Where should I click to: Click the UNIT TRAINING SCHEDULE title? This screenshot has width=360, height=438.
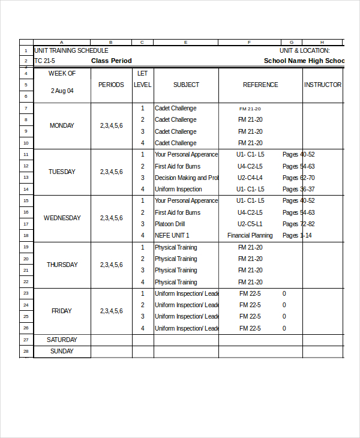tap(71, 51)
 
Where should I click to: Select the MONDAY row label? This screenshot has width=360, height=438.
tap(62, 126)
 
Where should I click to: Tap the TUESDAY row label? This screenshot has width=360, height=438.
tap(62, 172)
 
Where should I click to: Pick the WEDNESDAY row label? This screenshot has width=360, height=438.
tap(62, 218)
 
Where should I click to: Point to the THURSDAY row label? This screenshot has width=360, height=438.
tap(62, 265)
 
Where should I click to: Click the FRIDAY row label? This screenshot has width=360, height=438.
tap(62, 311)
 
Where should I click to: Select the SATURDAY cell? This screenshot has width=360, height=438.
tap(62, 340)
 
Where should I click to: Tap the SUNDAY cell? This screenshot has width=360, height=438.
tap(62, 352)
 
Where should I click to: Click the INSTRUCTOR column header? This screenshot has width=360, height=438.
tap(323, 85)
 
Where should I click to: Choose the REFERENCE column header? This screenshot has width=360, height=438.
tap(260, 85)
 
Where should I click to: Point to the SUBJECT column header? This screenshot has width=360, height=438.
tap(186, 85)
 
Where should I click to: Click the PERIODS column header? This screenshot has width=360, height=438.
tap(111, 85)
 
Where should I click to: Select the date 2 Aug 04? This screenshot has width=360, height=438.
tap(62, 91)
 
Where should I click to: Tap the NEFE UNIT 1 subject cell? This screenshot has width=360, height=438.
tap(172, 236)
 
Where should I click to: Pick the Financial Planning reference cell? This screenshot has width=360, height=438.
tap(250, 236)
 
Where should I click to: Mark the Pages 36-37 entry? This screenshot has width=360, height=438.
tap(299, 190)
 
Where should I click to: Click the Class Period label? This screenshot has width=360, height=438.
tap(112, 61)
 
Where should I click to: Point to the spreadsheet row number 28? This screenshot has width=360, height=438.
tap(26, 352)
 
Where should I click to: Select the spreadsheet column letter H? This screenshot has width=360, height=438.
tap(322, 43)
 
